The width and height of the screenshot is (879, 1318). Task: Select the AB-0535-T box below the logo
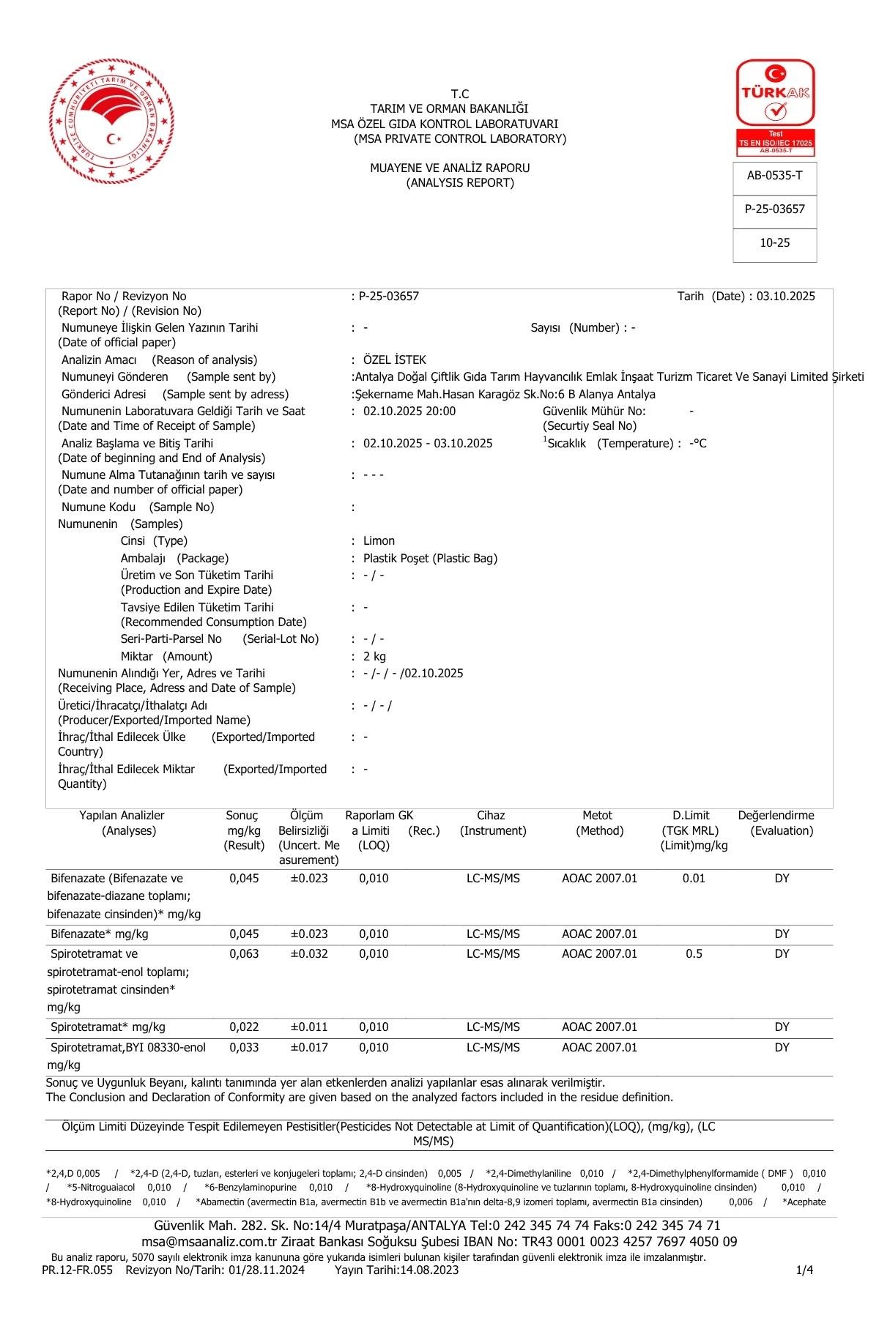(774, 176)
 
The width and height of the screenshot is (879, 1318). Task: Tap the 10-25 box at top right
(774, 243)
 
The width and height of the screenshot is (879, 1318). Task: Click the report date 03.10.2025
(785, 297)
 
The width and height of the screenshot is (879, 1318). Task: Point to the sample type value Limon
(379, 541)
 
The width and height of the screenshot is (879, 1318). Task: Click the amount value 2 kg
(374, 657)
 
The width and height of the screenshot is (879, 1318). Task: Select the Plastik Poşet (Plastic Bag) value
(430, 559)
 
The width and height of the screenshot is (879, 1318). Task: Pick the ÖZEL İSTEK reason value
(394, 360)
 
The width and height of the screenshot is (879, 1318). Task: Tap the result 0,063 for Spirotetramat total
(244, 954)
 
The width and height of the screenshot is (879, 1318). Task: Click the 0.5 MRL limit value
(694, 954)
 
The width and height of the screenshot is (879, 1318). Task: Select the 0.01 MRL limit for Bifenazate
(694, 879)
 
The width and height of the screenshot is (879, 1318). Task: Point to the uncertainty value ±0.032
(309, 954)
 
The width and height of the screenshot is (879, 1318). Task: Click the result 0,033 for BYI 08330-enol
(244, 1048)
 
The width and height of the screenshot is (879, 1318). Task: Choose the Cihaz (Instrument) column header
(492, 823)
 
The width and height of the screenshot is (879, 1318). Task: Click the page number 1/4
(804, 1270)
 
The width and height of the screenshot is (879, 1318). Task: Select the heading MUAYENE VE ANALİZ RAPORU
(450, 168)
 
